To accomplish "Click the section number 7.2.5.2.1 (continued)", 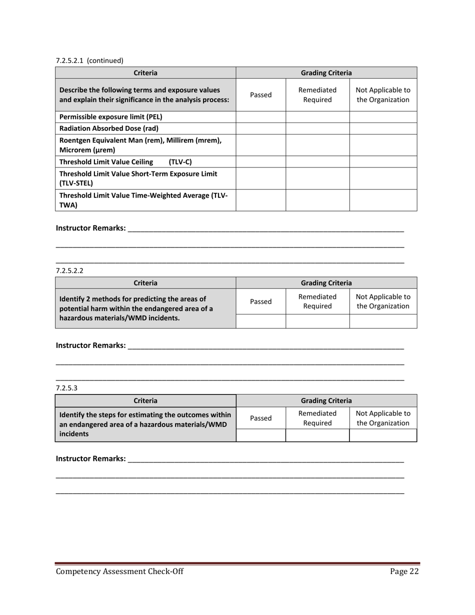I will (x=89, y=60).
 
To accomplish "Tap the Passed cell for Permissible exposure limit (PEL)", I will (x=260, y=117).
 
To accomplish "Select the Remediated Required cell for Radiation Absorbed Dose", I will (x=317, y=128).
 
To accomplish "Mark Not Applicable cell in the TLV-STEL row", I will (x=383, y=178).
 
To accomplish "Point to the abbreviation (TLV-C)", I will (x=180, y=161).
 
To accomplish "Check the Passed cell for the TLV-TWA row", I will (x=260, y=200).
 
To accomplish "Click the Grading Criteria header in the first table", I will (x=326, y=73).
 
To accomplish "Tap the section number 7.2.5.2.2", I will (x=69, y=270).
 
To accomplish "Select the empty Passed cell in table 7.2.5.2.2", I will (x=260, y=321).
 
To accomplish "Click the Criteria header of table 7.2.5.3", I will (x=145, y=400).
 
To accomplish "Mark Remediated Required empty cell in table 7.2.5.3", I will (x=317, y=435).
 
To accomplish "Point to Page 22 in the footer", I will (x=403, y=572).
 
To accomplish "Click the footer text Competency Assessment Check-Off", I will (x=119, y=572).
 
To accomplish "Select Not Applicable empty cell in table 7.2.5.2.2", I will (x=383, y=321).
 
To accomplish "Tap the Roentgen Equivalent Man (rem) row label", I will (x=140, y=145).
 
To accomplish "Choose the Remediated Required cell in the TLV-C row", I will (x=317, y=161).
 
